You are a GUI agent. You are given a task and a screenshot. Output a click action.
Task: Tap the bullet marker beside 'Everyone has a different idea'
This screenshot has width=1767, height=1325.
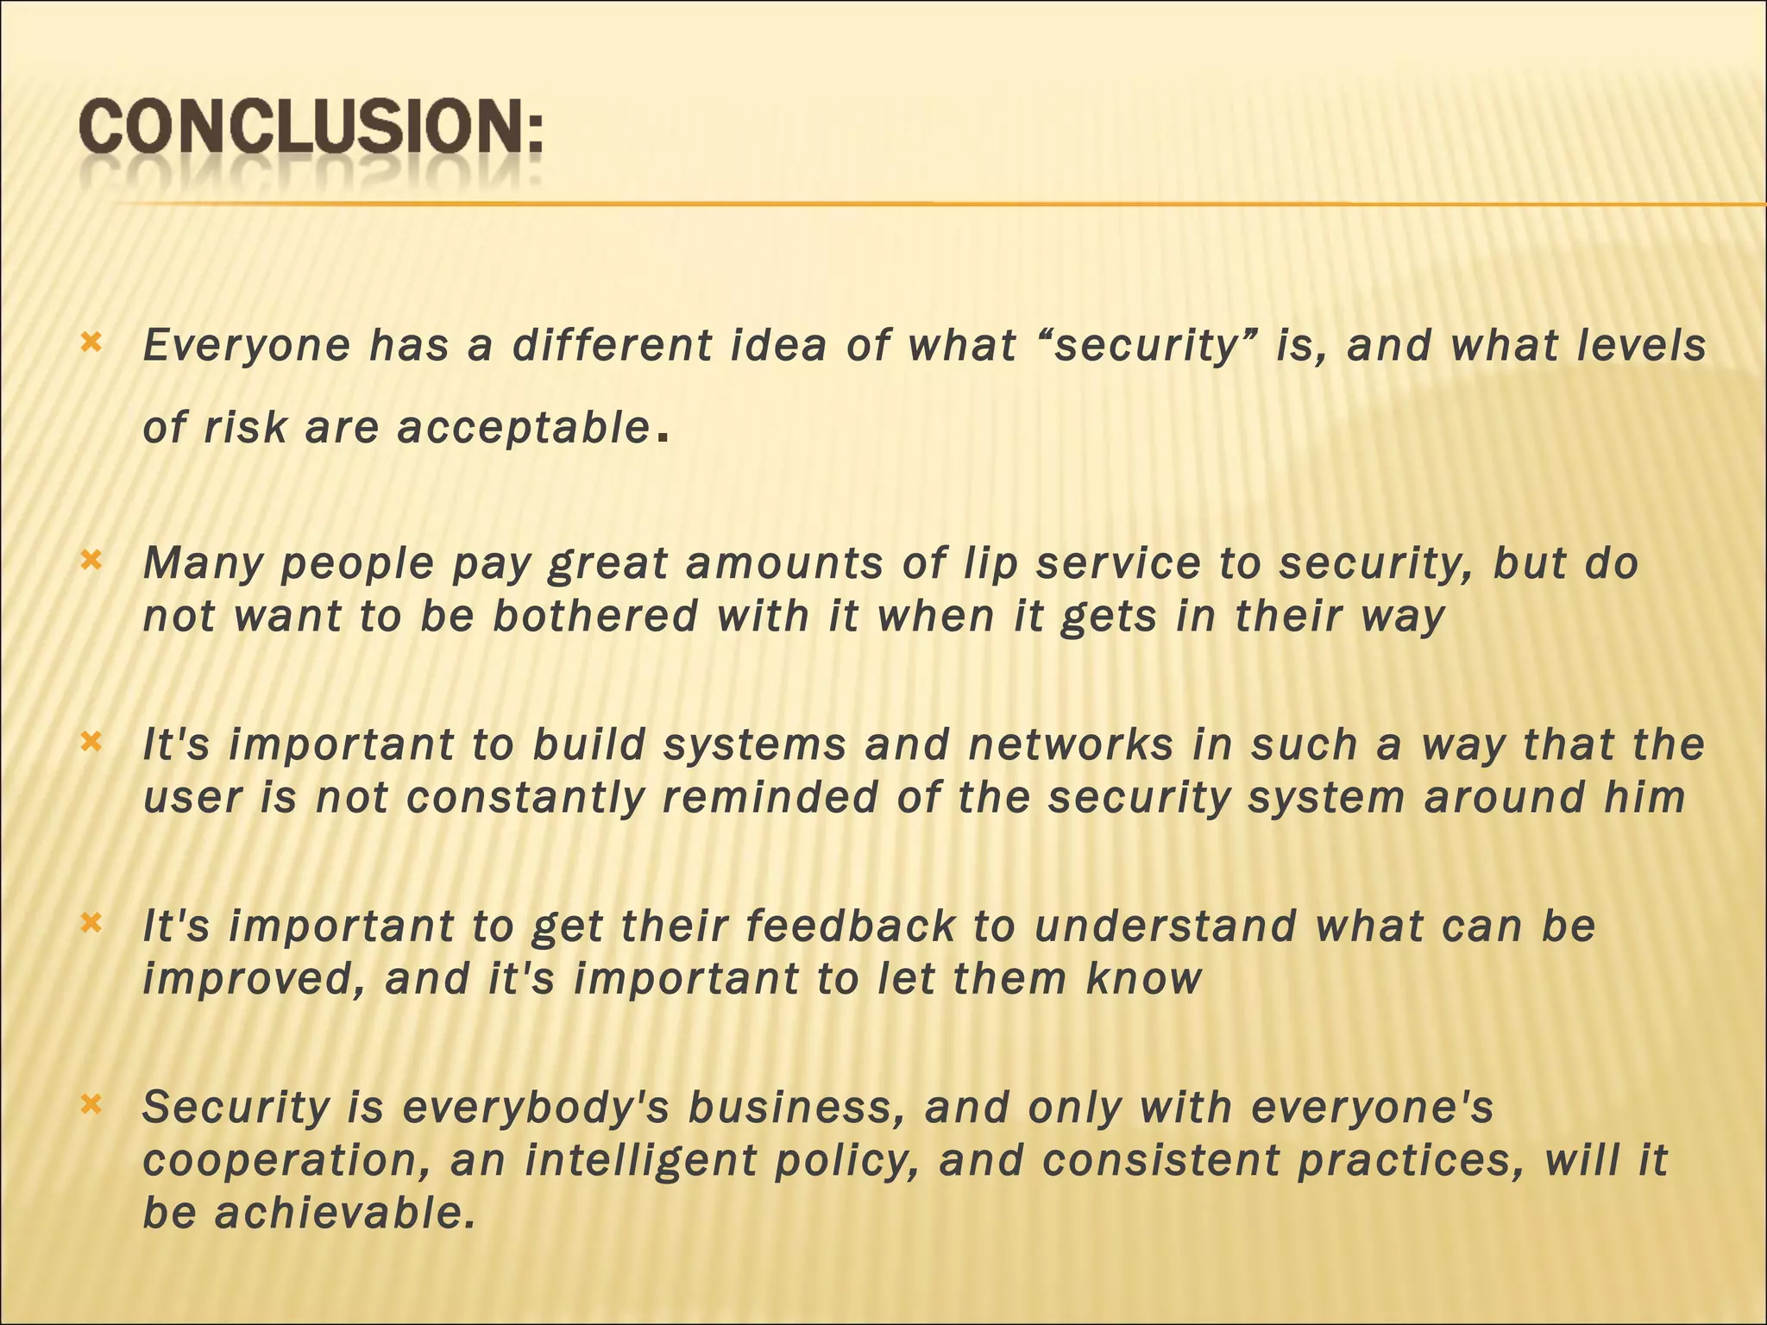point(91,343)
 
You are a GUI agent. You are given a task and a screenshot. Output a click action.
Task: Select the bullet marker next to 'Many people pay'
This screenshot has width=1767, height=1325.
point(91,562)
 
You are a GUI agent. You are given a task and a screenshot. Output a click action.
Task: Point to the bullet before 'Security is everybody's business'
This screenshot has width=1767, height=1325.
point(91,1105)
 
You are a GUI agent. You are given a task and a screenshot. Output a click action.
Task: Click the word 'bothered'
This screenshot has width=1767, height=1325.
point(595,616)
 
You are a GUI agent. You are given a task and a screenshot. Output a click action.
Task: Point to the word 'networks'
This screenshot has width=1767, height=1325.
point(1071,744)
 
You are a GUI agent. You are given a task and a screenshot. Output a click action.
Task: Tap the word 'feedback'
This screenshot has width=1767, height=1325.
point(851,926)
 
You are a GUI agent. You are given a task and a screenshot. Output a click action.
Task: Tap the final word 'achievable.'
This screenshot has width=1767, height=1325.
point(345,1213)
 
